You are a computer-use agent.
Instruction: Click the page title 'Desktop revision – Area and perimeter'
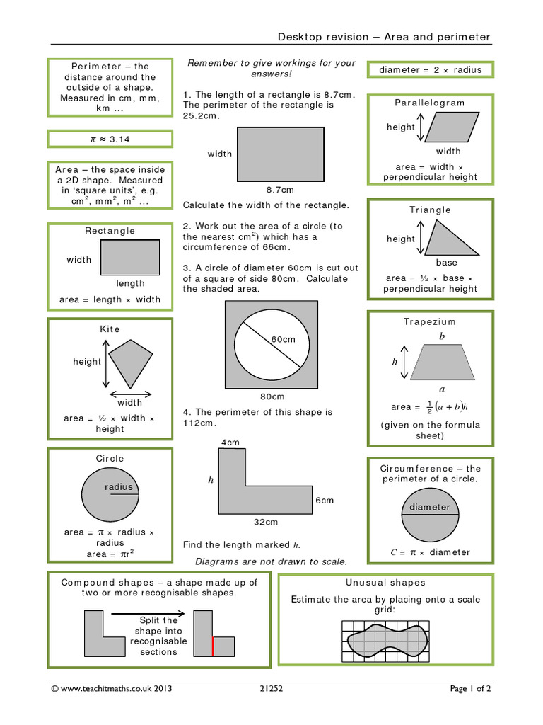click(384, 37)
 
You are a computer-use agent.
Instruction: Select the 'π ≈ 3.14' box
click(110, 139)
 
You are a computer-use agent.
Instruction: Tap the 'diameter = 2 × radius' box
click(430, 69)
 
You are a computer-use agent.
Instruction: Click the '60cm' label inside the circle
click(283, 340)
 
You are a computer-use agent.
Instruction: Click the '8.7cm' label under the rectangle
click(280, 190)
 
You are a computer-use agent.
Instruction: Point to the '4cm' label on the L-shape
click(230, 443)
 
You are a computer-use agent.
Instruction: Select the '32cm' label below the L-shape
click(266, 522)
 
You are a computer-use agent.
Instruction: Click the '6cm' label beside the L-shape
click(325, 500)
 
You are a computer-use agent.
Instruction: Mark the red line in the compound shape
click(213, 646)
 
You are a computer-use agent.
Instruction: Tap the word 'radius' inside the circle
click(119, 487)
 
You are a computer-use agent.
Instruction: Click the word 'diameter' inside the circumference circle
click(429, 507)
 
